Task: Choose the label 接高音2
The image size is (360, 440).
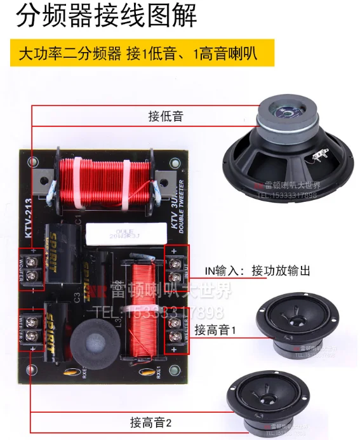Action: click(x=151, y=422)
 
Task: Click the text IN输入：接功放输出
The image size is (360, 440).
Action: click(x=257, y=271)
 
